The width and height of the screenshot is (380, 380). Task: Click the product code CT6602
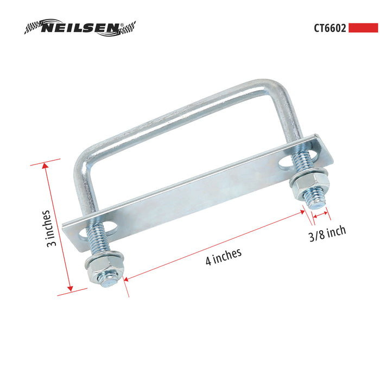click(x=329, y=28)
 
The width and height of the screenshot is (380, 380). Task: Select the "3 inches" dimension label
click(x=52, y=229)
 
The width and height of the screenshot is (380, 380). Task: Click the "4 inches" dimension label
click(x=223, y=256)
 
